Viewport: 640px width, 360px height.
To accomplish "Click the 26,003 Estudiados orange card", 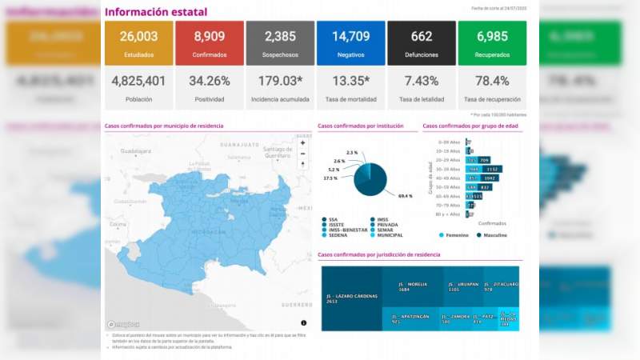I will pos(138,43).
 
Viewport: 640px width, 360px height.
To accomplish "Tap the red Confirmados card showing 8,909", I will pos(210,43).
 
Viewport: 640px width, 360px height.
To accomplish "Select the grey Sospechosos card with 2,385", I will pos(280,43).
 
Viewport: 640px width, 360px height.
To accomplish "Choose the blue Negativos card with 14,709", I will pos(350,43).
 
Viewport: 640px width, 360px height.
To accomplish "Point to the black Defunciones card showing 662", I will pos(421,43).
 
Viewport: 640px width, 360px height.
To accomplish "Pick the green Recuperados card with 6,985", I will pos(492,43).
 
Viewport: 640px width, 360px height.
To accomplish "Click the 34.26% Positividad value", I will pos(210,81).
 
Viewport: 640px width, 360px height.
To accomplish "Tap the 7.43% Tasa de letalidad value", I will pos(421,81).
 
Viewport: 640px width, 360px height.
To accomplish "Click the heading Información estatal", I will pos(156,12).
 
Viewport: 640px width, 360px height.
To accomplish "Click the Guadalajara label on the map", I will pos(136,150).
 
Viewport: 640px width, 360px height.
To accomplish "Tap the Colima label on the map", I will pos(119,224).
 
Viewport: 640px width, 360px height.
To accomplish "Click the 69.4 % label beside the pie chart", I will pos(404,195).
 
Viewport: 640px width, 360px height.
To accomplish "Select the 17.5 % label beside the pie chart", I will pos(330,178).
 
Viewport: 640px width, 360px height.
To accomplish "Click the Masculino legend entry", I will pos(499,235).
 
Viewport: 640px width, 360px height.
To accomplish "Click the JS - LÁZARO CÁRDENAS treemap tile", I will pos(350,298).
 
